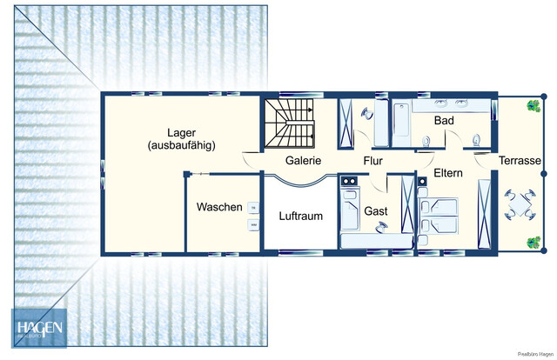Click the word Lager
[181, 130]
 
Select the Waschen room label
[218, 209]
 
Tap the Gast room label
[375, 210]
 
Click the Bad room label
[444, 120]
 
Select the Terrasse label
[520, 162]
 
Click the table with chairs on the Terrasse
[520, 205]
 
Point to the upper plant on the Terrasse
[530, 108]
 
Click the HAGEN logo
[37, 330]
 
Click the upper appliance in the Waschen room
[253, 208]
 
